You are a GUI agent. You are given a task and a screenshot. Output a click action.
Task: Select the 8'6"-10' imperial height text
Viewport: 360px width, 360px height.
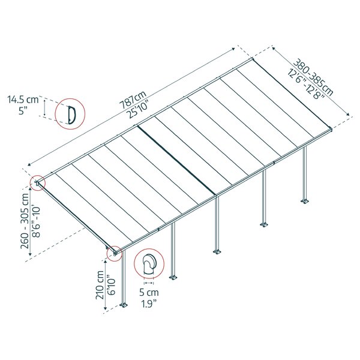pos(36,223)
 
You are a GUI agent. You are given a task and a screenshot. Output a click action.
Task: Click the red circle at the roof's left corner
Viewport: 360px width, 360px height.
pos(38,182)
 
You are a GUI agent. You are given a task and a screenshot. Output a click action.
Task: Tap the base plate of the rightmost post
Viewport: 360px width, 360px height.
pos(305,200)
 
